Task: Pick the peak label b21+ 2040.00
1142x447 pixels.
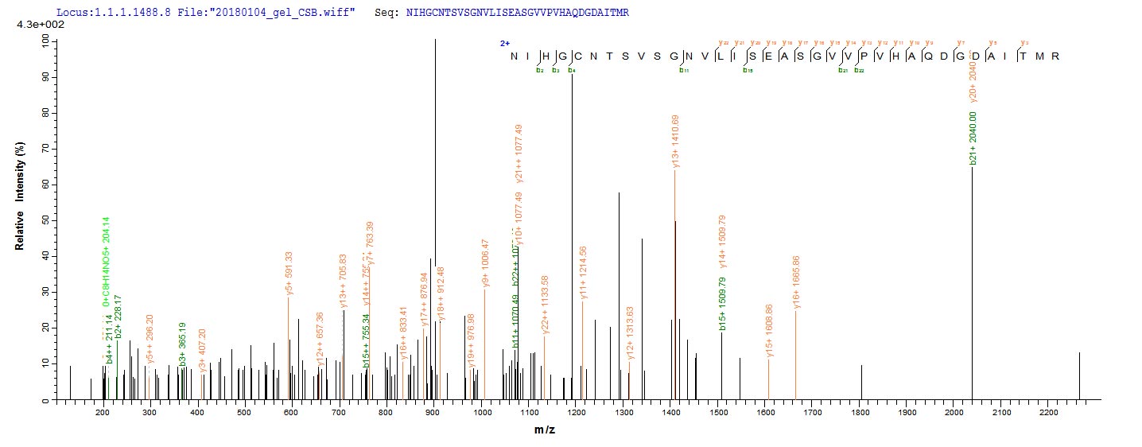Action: click(x=973, y=138)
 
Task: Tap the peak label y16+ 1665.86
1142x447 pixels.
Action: click(x=796, y=282)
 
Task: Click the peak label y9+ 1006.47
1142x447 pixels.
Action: click(x=485, y=262)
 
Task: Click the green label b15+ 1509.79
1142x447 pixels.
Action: click(x=723, y=302)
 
